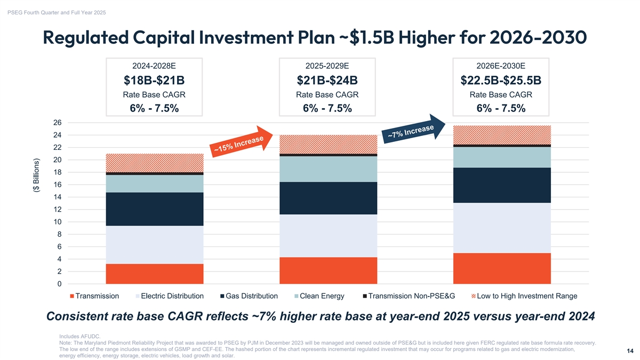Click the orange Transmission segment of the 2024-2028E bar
(155, 274)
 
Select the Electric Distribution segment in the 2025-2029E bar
(328, 236)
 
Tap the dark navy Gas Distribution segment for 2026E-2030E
(501, 185)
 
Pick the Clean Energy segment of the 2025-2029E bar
(328, 169)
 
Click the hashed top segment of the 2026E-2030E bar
(501, 134)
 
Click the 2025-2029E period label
(327, 66)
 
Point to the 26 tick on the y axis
(57, 123)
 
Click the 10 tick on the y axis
(57, 222)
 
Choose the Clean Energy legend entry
(319, 296)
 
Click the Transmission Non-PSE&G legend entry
(409, 296)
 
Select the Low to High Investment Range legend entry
(524, 296)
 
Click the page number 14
(630, 351)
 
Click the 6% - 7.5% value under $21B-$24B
(327, 108)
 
